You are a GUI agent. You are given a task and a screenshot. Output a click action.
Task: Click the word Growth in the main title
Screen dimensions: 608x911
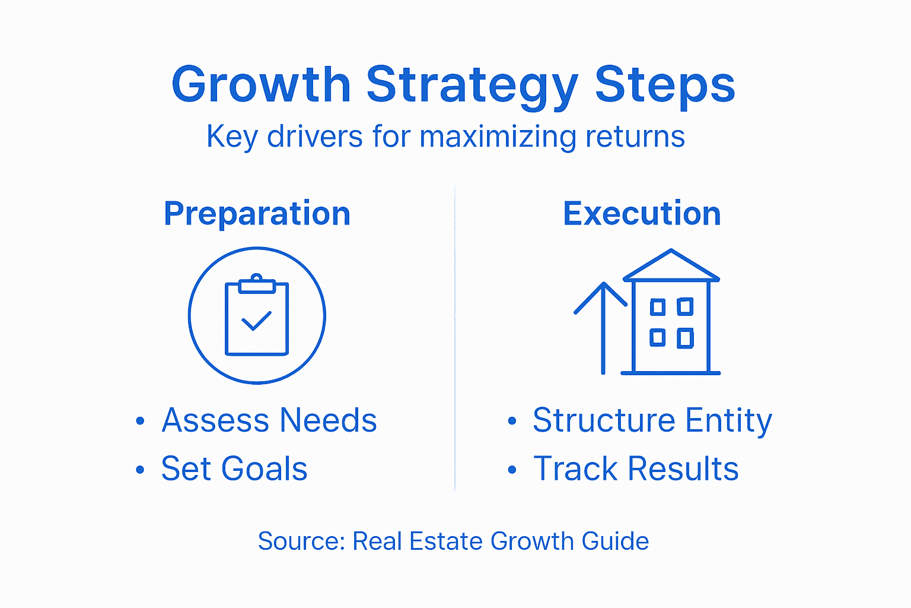coord(261,84)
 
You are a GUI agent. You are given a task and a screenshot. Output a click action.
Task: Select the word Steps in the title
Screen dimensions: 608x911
coord(665,84)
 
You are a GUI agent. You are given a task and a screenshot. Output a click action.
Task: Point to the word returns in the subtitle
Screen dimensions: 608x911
coord(635,137)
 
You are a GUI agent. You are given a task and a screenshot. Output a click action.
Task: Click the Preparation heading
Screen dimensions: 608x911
coord(257,214)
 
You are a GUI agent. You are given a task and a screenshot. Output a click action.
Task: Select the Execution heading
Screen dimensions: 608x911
coord(642,214)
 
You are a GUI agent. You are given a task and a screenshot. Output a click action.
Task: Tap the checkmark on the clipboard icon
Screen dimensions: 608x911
coord(256,321)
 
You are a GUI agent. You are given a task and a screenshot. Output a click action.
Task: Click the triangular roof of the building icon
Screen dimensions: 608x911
coord(671,266)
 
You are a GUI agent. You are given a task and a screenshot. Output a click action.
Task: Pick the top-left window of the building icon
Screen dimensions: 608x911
coord(657,307)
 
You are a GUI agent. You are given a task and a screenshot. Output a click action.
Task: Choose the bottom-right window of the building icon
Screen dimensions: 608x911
coord(685,338)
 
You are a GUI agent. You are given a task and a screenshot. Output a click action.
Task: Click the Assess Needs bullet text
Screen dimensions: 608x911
coord(269,420)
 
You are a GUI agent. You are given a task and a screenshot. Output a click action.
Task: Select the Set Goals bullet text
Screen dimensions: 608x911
coord(234,468)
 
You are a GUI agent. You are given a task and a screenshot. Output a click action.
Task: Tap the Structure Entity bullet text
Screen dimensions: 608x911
coord(652,420)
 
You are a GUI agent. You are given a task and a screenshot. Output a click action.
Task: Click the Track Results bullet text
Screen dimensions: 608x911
coord(636,468)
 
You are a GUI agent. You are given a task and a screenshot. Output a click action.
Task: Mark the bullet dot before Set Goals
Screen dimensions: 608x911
coord(140,470)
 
